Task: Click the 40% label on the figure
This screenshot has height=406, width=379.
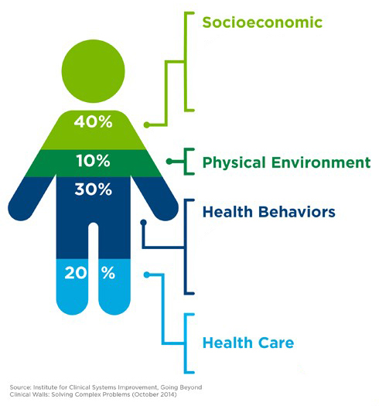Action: (x=93, y=121)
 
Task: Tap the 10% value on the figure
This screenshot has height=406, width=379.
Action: (x=93, y=161)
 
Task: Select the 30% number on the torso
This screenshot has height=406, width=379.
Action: (x=93, y=189)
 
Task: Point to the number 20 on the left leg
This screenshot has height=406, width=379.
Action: (x=75, y=273)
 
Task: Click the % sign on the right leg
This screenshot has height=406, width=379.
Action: (x=108, y=273)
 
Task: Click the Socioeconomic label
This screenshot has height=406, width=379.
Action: (x=262, y=22)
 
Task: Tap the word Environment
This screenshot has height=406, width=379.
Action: (x=321, y=162)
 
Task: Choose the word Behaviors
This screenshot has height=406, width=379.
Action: (x=297, y=212)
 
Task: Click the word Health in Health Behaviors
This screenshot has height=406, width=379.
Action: (x=227, y=212)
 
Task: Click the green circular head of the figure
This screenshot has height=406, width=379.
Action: (x=93, y=71)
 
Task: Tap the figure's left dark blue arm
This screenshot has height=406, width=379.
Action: (x=31, y=199)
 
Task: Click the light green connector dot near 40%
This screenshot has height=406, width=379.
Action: (x=147, y=125)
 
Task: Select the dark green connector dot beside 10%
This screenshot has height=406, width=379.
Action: (x=169, y=162)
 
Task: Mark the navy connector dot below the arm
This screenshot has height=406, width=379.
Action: (x=143, y=223)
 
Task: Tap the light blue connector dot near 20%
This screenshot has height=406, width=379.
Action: (x=147, y=275)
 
